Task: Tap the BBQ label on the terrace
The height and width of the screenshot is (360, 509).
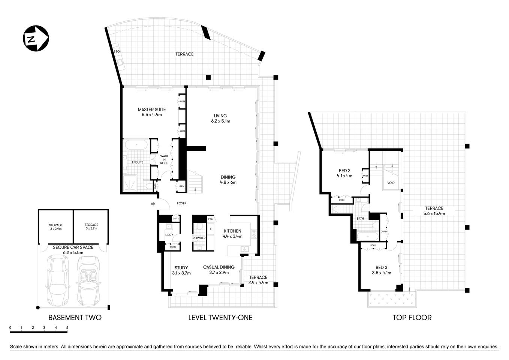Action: tap(117, 51)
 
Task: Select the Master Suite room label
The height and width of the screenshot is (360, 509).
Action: tap(151, 112)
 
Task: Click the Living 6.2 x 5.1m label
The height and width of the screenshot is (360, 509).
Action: tap(220, 118)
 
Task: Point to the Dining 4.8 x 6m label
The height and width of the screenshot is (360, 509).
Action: tap(228, 180)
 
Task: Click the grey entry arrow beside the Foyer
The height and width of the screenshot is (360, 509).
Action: tap(153, 204)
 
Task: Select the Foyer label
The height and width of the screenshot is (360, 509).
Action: tap(181, 204)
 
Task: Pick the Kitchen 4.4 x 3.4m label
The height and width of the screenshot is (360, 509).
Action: tap(233, 233)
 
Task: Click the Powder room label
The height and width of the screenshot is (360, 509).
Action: tap(199, 238)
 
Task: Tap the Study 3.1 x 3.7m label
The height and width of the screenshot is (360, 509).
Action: tap(181, 270)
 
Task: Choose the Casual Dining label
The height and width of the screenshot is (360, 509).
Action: tap(219, 270)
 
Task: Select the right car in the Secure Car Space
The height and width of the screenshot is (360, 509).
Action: tap(88, 280)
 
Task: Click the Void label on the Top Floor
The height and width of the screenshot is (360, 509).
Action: tap(391, 183)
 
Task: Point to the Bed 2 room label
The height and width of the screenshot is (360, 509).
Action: tap(344, 173)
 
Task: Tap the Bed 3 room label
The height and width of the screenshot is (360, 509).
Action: tap(382, 270)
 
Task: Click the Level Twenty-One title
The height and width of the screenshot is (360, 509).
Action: tap(220, 318)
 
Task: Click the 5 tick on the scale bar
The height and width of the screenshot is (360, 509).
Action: tap(67, 328)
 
